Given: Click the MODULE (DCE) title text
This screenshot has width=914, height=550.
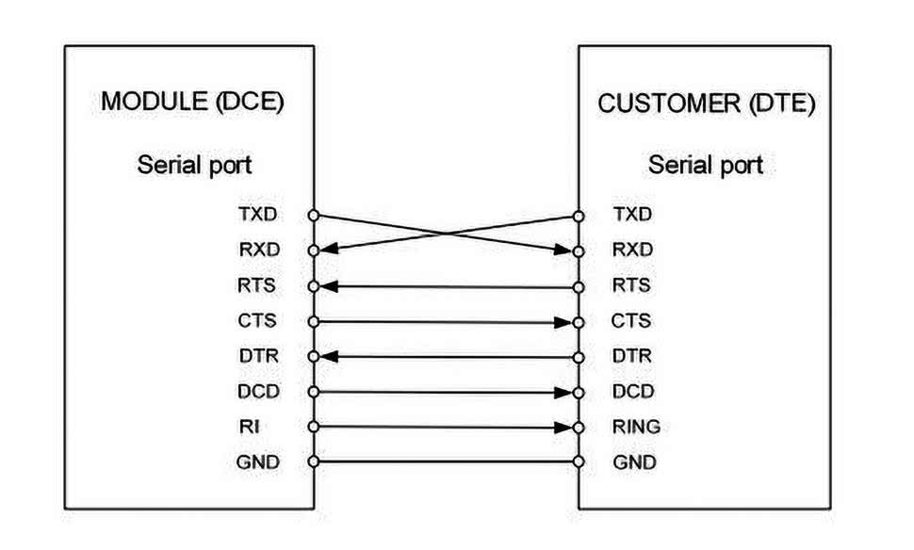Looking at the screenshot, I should pyautogui.click(x=192, y=102).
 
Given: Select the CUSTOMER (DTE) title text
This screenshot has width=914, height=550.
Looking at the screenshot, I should pyautogui.click(x=707, y=104).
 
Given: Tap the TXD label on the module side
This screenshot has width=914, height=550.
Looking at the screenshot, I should pyautogui.click(x=258, y=215).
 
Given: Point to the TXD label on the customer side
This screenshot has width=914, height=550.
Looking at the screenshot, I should pyautogui.click(x=632, y=215).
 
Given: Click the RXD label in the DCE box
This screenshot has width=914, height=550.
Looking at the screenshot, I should pyautogui.click(x=258, y=251).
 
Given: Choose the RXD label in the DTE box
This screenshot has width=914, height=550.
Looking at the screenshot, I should pyautogui.click(x=632, y=251).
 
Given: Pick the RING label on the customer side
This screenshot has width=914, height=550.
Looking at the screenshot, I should pyautogui.click(x=636, y=427).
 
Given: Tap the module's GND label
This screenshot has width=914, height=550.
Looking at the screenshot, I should pyautogui.click(x=258, y=462).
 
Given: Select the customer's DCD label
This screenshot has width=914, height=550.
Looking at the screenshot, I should pyautogui.click(x=632, y=392).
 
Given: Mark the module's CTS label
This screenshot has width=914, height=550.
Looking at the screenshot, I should pyautogui.click(x=258, y=321).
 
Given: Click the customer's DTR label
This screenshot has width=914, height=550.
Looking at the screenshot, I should pyautogui.click(x=632, y=357).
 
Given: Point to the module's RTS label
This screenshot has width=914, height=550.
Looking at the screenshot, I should pyautogui.click(x=258, y=285).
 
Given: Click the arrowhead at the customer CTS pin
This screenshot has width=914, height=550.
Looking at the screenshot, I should pyautogui.click(x=563, y=322).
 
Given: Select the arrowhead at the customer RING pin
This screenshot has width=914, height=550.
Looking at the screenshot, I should pyautogui.click(x=563, y=428).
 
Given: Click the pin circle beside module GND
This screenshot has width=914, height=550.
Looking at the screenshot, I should pyautogui.click(x=314, y=462).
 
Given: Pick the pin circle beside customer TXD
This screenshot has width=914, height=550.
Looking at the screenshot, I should pyautogui.click(x=579, y=216).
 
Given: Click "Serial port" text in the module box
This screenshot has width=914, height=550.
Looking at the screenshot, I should pyautogui.click(x=195, y=165).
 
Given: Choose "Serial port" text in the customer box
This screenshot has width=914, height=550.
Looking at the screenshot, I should pyautogui.click(x=706, y=166).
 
